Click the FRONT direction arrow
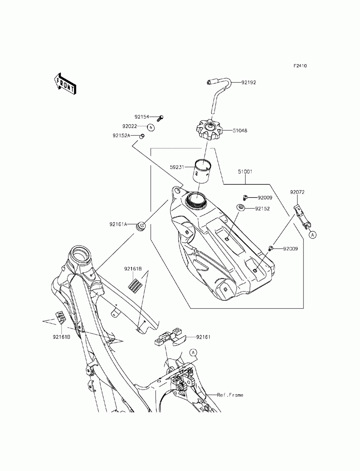tap(65, 84)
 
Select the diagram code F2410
tap(300, 66)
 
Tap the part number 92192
tap(249, 82)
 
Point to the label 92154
tap(142, 117)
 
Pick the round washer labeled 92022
tap(151, 127)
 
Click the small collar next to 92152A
tap(142, 136)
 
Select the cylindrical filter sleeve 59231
tap(203, 171)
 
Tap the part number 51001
tap(245, 171)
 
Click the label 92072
tap(297, 192)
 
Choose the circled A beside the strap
tap(313, 235)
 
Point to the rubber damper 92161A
tap(141, 226)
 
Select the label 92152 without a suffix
tap(262, 209)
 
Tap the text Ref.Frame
tap(230, 395)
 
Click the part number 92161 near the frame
tap(203, 337)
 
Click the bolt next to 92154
tap(160, 118)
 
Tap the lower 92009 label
tap(291, 249)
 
